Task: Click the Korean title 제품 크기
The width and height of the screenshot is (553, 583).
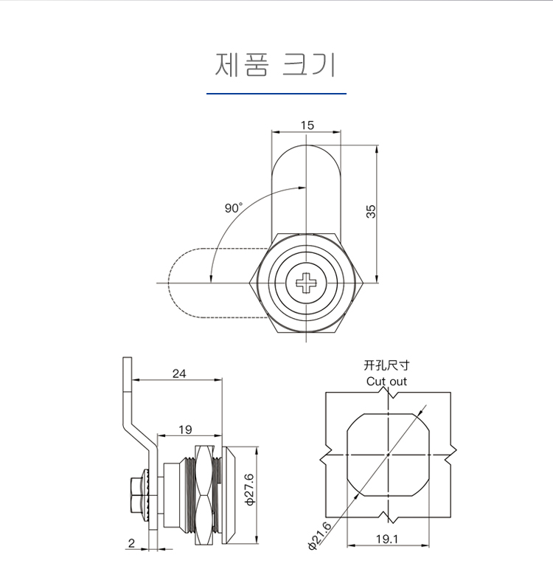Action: [276, 65]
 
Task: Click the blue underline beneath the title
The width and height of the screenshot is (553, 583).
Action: [276, 94]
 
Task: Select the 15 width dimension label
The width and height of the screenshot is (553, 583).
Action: [307, 125]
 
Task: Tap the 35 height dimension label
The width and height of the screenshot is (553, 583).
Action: [372, 211]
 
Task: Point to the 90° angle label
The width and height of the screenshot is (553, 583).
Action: [233, 208]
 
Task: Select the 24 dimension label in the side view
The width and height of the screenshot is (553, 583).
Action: [179, 373]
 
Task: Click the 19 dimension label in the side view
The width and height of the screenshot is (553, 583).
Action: [185, 429]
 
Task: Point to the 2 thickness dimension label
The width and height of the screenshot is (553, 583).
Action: [131, 543]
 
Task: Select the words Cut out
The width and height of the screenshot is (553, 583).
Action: [386, 382]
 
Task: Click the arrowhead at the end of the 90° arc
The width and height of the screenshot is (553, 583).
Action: [211, 277]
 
